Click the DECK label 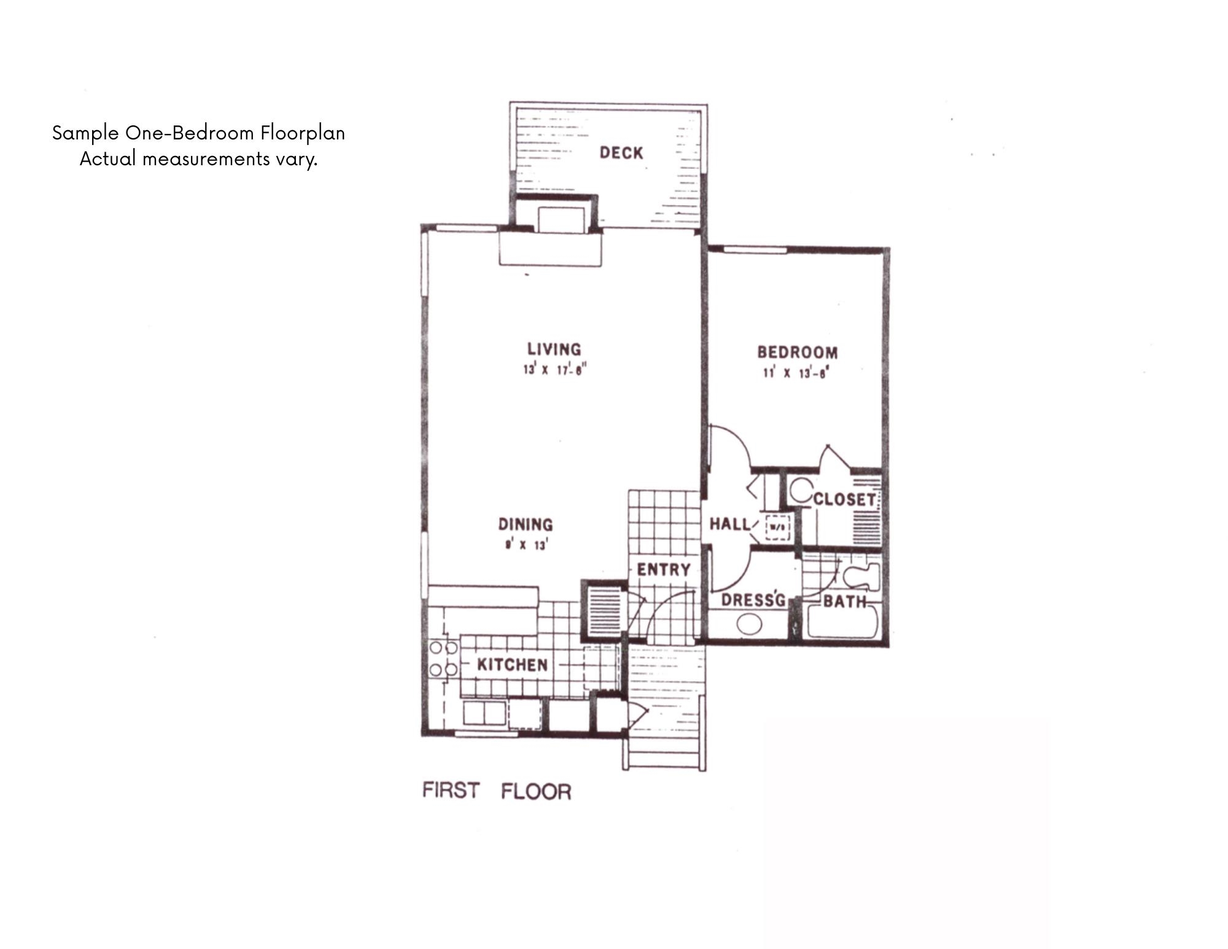click(621, 152)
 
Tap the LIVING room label click(554, 349)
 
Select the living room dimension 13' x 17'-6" click(555, 370)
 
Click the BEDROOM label click(797, 352)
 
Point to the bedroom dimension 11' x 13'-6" click(796, 373)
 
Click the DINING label click(525, 524)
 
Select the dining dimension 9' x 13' click(526, 545)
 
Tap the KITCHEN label click(512, 665)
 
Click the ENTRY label click(663, 569)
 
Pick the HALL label click(729, 524)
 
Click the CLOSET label click(845, 499)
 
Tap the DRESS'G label click(753, 599)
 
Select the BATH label click(844, 601)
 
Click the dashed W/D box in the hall click(777, 528)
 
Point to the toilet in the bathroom click(861, 577)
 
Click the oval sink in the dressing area click(749, 625)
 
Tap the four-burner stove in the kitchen click(443, 658)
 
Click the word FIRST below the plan click(450, 790)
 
